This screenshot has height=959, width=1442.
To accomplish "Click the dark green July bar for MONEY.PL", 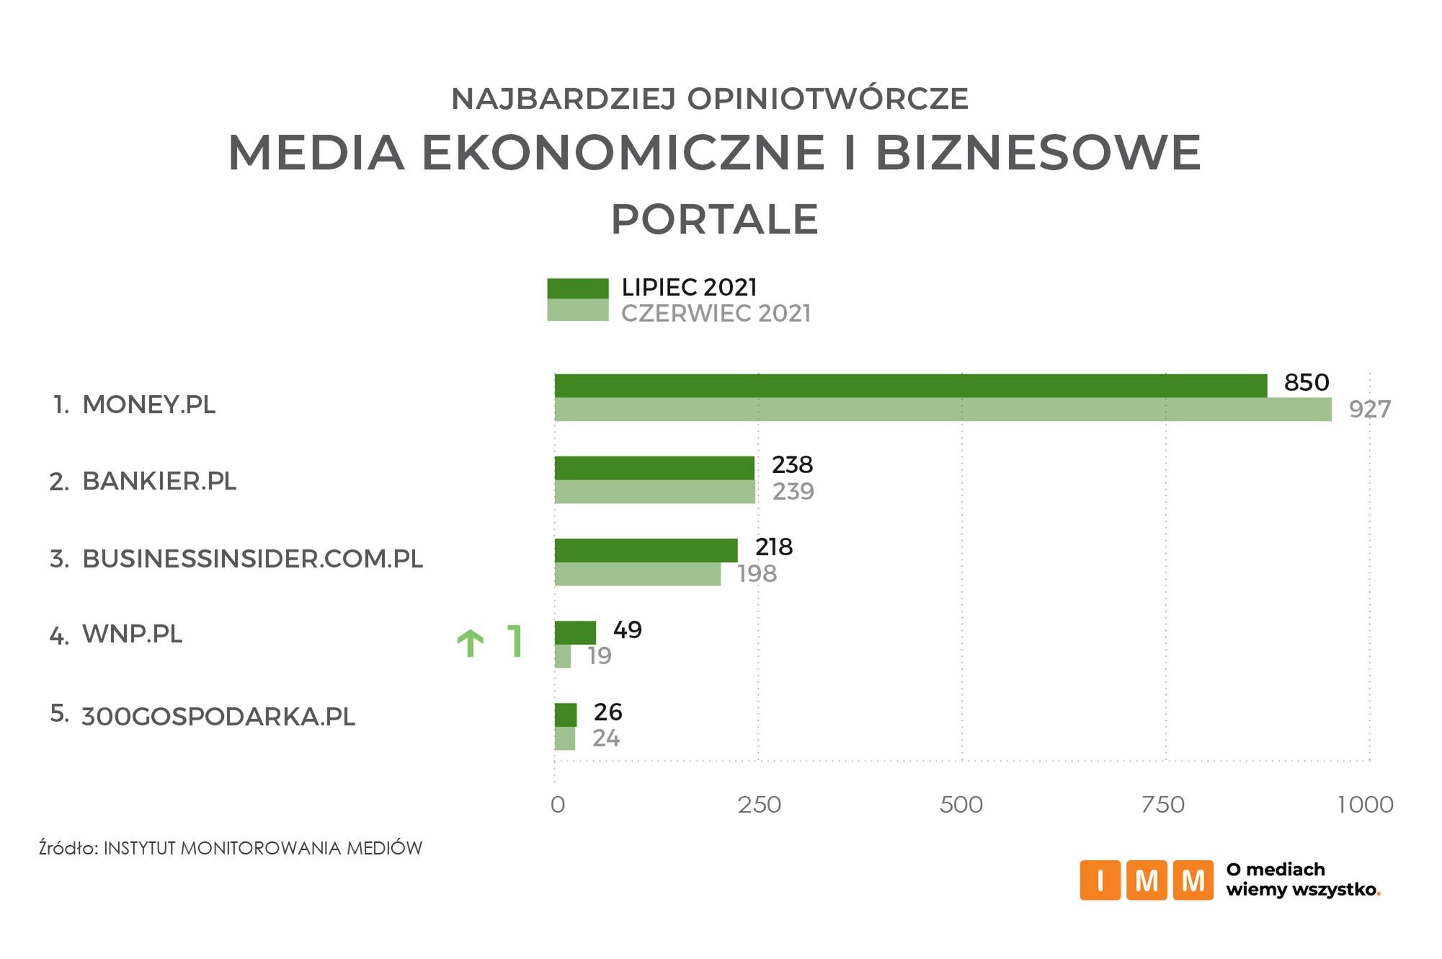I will (910, 386).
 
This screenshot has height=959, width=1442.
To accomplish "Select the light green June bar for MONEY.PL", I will (943, 410).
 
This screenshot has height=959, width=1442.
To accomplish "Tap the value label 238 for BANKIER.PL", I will (792, 465).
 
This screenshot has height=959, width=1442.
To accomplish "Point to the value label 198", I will (757, 574).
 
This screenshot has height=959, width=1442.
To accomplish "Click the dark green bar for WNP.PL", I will (575, 632).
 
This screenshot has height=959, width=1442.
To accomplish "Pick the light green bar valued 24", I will (564, 738).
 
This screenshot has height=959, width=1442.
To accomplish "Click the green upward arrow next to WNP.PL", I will (471, 642).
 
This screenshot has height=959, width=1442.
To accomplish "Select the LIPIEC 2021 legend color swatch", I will (577, 288).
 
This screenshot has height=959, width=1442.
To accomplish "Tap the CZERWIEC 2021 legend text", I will (716, 314).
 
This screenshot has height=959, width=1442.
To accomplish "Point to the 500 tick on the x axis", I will (961, 805).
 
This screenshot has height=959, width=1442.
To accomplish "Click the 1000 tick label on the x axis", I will (1365, 805).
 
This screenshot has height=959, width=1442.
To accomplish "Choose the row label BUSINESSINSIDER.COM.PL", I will (252, 560).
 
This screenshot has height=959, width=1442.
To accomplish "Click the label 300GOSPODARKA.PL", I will (218, 717).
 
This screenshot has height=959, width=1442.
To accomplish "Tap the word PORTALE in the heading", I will (714, 220).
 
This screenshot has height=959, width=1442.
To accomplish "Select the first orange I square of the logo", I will (1100, 880).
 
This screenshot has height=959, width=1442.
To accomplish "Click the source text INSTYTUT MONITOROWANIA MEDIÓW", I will (262, 849).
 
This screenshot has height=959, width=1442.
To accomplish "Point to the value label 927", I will (1369, 410).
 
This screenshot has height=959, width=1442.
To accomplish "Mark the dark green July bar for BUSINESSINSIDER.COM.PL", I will (646, 550).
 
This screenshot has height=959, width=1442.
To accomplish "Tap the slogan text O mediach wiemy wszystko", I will (1301, 880).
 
